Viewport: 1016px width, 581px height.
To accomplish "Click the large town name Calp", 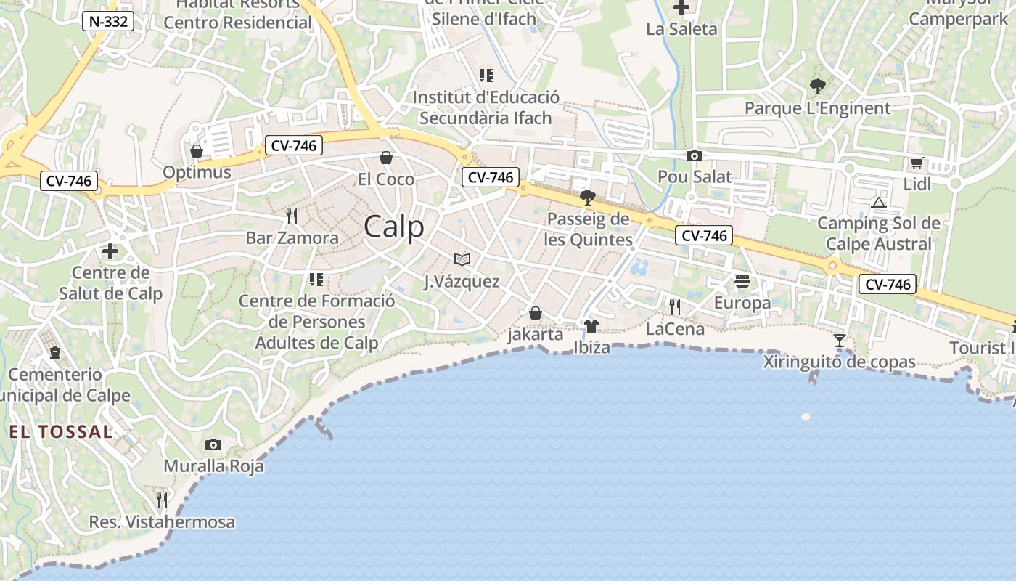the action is click(394, 227).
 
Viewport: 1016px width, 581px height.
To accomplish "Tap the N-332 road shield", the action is click(109, 22).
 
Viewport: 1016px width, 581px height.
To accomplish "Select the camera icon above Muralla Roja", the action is click(213, 444).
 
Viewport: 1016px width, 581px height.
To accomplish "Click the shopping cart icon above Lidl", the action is click(917, 163).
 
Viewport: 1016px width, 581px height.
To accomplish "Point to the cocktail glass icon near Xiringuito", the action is click(840, 340).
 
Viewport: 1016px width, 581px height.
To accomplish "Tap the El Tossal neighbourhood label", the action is click(61, 432).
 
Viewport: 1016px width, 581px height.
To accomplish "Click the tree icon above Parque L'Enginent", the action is click(817, 86).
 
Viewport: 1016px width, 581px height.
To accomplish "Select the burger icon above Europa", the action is click(742, 280).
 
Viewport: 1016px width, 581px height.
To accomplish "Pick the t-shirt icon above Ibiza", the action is click(591, 325).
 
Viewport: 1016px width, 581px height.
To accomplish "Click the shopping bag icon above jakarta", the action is click(535, 313).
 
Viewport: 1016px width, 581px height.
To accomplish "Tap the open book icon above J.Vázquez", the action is click(462, 259).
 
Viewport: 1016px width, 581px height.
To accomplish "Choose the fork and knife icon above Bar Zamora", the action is click(292, 216).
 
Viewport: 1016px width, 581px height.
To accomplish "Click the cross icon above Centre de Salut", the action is click(110, 251).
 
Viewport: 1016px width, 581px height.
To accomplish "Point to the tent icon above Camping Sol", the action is click(879, 203).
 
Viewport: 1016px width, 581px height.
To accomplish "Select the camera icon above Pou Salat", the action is click(695, 155).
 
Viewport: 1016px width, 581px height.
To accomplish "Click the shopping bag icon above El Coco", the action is click(386, 158).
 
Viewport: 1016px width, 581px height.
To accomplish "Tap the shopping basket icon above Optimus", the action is click(197, 151).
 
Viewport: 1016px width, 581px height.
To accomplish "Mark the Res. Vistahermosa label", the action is click(162, 522).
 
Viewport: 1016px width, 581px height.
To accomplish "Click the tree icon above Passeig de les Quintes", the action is click(588, 198).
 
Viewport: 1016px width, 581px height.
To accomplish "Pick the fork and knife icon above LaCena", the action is click(675, 307).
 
